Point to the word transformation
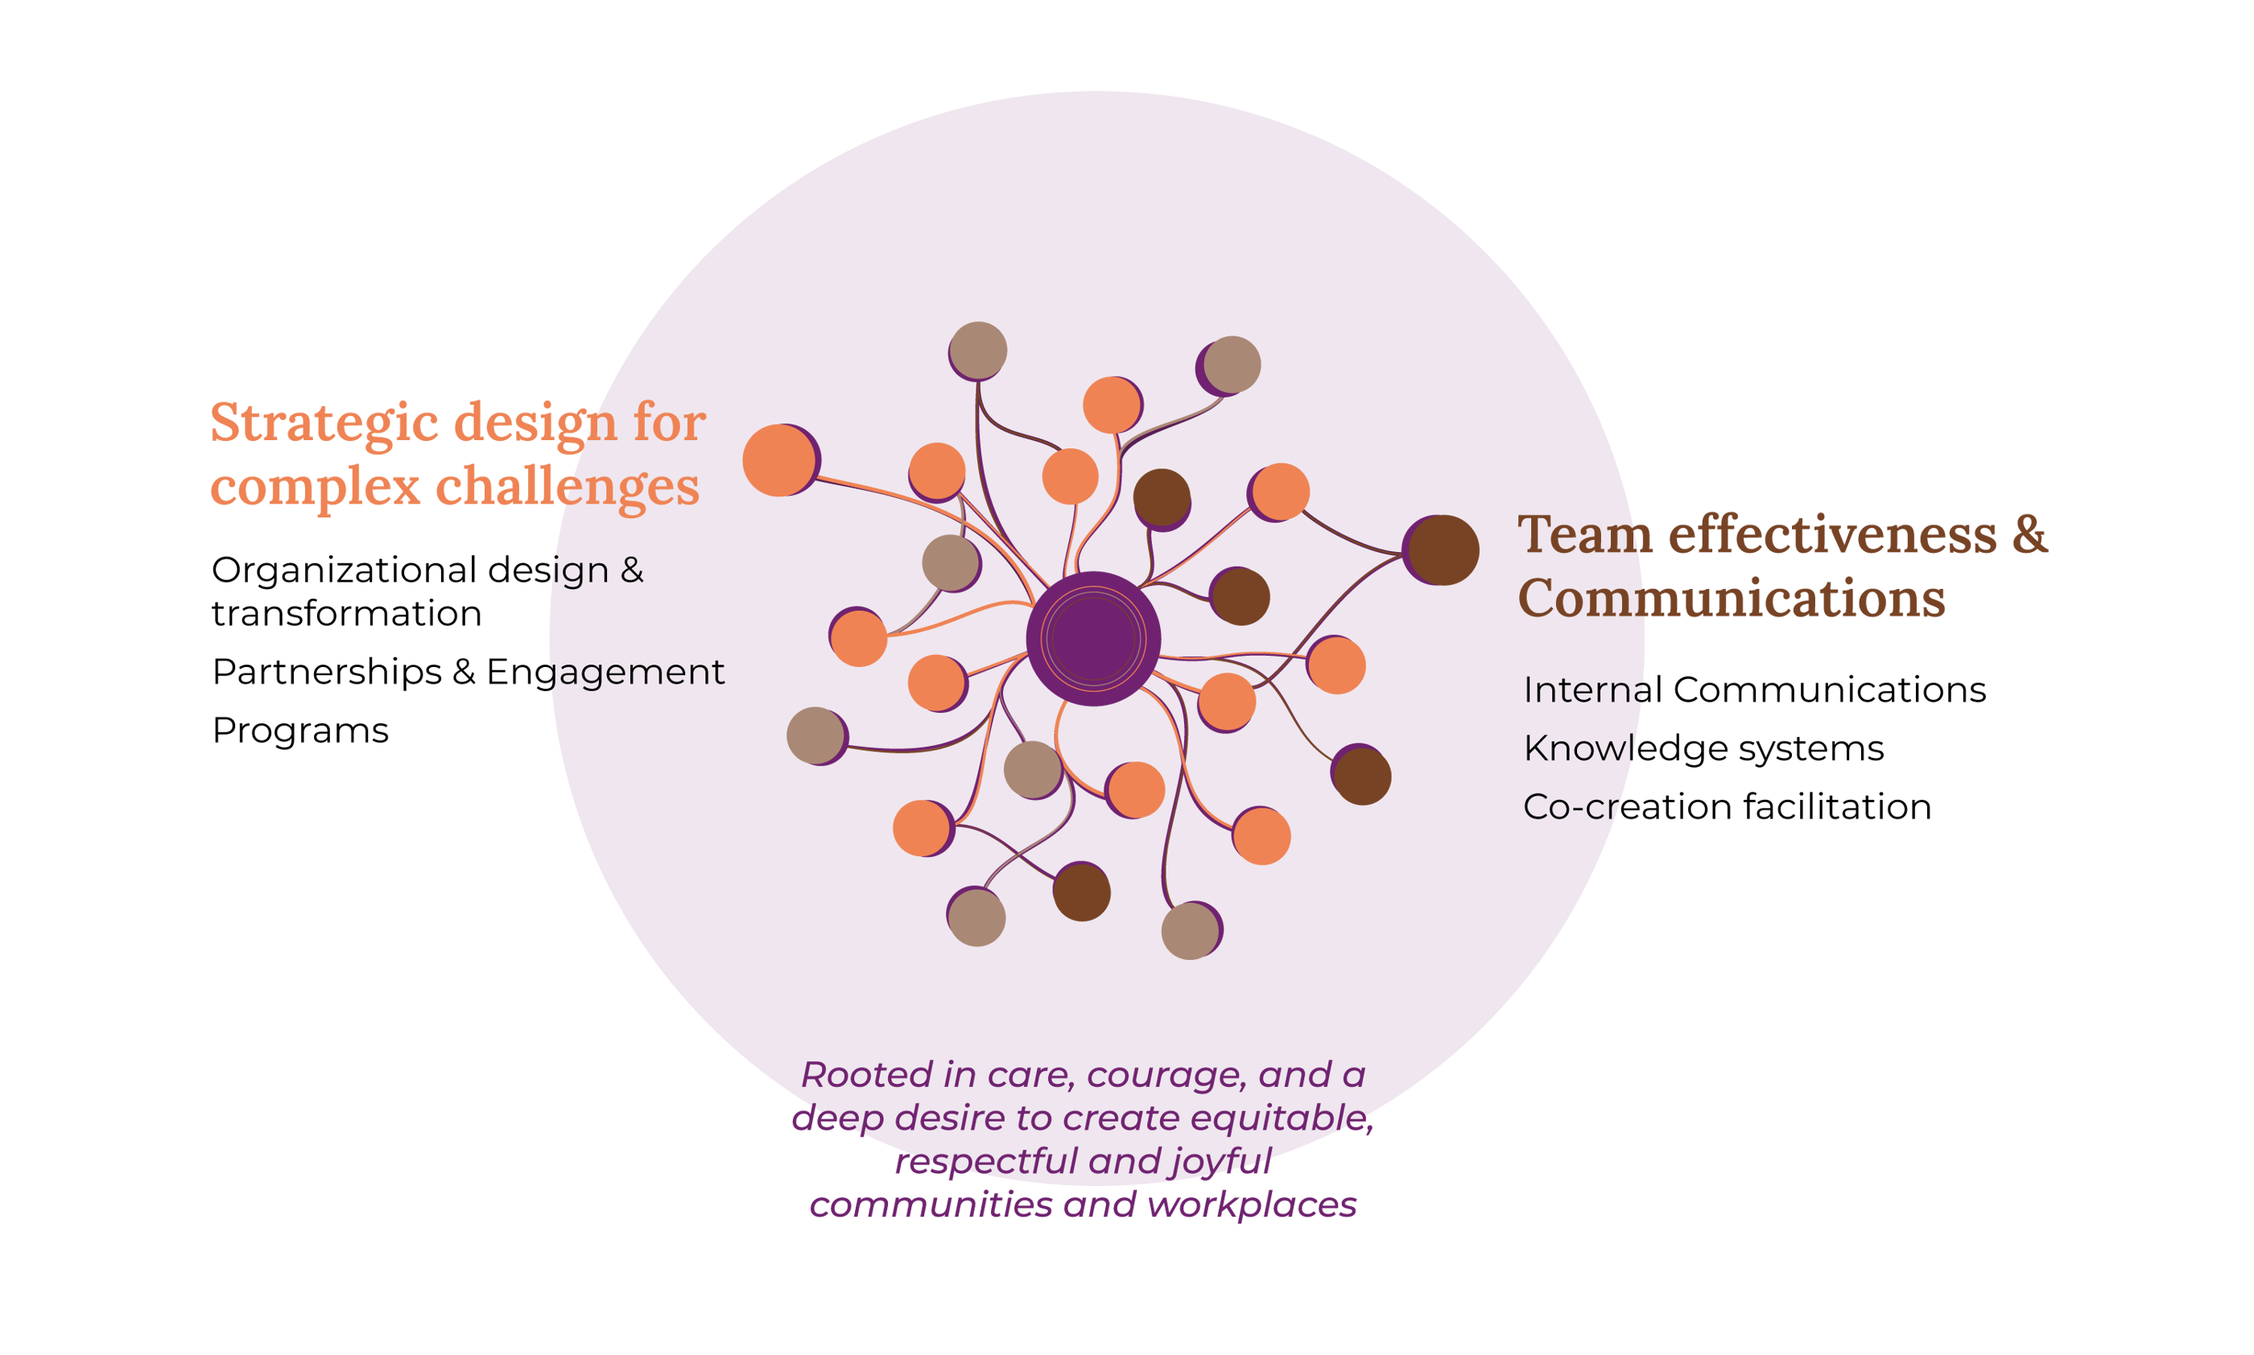[346, 614]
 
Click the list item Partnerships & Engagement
[468, 672]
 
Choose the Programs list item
[299, 731]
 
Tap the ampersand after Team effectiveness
[2029, 534]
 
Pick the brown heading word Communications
[1732, 598]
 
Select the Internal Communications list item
[1753, 690]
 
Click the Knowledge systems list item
[1703, 749]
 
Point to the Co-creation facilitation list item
[1726, 807]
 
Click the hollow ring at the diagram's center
[1092, 638]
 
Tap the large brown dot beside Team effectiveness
[1443, 550]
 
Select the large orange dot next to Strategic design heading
[778, 461]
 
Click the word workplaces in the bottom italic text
[1251, 1205]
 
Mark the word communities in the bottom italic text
[931, 1205]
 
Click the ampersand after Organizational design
[632, 570]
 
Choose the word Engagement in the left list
[605, 672]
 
